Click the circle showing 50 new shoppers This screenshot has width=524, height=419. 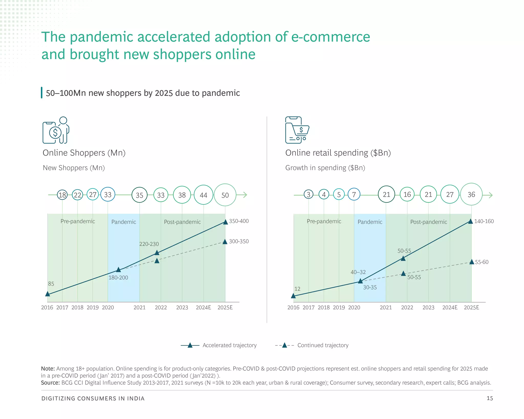point(225,195)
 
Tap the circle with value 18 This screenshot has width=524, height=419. point(62,195)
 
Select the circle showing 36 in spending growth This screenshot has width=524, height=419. point(471,195)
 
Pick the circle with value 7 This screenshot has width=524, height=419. point(354,195)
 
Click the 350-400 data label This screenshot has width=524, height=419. point(239,221)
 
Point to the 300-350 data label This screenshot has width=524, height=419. point(239,241)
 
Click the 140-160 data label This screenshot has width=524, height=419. point(484,221)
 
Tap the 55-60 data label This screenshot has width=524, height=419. point(482,262)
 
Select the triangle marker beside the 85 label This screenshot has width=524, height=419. point(48,294)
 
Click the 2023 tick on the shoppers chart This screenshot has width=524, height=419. point(182,307)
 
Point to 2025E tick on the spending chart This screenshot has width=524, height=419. point(471,307)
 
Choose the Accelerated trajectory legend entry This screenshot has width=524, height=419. point(229,345)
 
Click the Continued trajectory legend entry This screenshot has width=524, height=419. point(323,345)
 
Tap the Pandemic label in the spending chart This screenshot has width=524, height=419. point(370,222)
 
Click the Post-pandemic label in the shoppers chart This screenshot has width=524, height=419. point(182,222)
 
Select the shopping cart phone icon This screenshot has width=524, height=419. point(297,130)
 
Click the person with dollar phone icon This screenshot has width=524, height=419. point(56,130)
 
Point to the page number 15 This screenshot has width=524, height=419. point(489,398)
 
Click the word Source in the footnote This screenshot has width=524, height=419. point(50,383)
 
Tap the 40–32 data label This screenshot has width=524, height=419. point(358,272)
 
